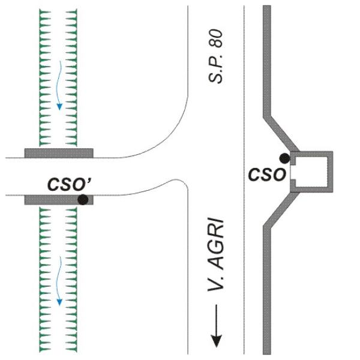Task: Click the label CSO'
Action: (x=69, y=184)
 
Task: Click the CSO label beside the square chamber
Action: (x=267, y=175)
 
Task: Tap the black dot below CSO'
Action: (x=83, y=200)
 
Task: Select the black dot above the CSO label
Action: (x=284, y=158)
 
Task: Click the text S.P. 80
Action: (x=215, y=56)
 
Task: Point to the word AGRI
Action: (x=215, y=244)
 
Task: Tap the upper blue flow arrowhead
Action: (x=59, y=107)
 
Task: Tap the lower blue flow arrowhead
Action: (x=59, y=302)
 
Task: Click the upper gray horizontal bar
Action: (x=59, y=153)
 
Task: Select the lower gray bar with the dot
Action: (x=59, y=200)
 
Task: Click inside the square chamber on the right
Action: (x=311, y=172)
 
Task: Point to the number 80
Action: (x=215, y=38)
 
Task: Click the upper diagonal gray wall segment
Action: (x=281, y=133)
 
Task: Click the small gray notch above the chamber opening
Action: (x=293, y=161)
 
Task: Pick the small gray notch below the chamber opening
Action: (x=293, y=183)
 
